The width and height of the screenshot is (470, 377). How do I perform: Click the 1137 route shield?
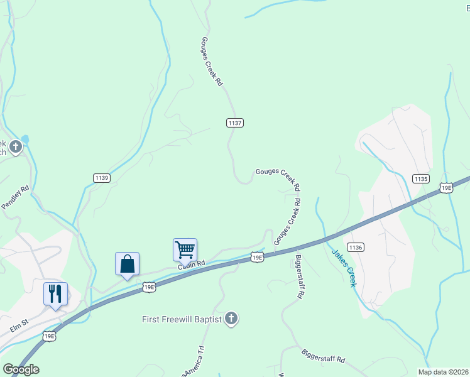pos(234,123)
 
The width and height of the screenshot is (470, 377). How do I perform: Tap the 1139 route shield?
pos(102,178)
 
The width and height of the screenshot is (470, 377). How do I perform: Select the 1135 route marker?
pos(421,179)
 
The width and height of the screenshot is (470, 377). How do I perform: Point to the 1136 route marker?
pos(355,248)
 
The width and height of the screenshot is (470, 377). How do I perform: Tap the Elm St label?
pos(20,327)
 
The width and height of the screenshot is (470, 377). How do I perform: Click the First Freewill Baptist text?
pos(182,319)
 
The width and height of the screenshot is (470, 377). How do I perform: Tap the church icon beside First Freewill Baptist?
pos(231,319)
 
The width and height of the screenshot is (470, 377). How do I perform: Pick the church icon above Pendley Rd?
pos(15,148)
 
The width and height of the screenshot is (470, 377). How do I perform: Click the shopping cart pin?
pos(185,249)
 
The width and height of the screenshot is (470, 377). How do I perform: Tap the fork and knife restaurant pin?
pos(55,293)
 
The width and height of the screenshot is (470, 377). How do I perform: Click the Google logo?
pos(21,369)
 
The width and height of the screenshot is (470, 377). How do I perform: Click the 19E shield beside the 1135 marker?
pos(446,187)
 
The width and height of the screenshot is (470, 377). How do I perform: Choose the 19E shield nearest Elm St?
pos(50,337)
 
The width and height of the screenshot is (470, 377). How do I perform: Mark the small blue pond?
pos(25,139)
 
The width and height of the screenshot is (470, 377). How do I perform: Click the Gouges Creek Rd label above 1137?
pos(211,62)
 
